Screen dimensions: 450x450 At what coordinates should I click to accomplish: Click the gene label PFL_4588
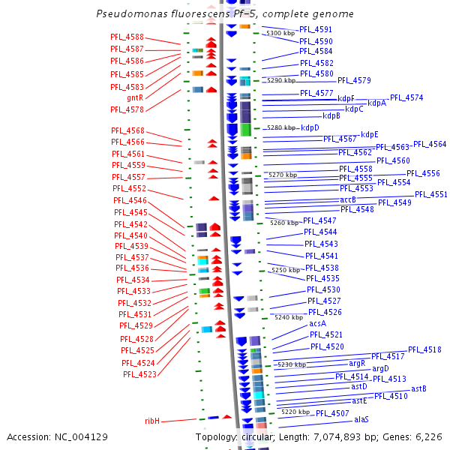127,37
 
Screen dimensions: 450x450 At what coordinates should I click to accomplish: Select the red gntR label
135,97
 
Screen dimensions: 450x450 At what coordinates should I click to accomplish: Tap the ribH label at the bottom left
152,421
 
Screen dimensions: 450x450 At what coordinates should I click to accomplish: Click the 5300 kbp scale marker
281,34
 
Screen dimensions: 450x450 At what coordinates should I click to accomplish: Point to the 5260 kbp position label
284,223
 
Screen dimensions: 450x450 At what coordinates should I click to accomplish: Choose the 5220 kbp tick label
295,412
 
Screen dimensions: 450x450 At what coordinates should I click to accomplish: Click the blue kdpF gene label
346,98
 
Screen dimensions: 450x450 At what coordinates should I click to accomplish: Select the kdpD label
310,128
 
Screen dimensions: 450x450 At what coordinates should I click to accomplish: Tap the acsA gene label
318,323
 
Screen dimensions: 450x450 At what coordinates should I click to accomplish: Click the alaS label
361,420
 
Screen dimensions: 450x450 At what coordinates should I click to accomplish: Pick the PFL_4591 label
316,29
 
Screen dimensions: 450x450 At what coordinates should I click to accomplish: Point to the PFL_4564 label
430,144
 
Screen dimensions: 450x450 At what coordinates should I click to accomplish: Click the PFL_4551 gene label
431,194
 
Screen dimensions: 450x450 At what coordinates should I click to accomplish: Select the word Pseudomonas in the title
129,14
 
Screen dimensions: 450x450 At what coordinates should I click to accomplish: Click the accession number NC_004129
82,436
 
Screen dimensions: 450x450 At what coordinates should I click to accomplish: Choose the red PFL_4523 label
139,374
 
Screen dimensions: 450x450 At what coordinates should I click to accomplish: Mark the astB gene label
418,388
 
